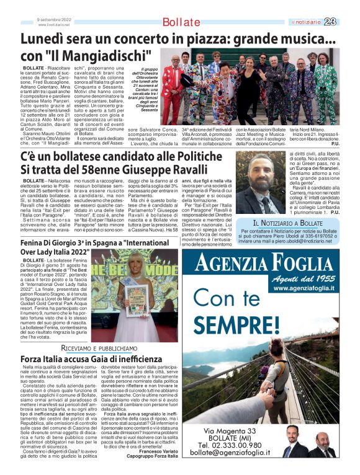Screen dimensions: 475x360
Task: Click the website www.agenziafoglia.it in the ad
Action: coord(305,288)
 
